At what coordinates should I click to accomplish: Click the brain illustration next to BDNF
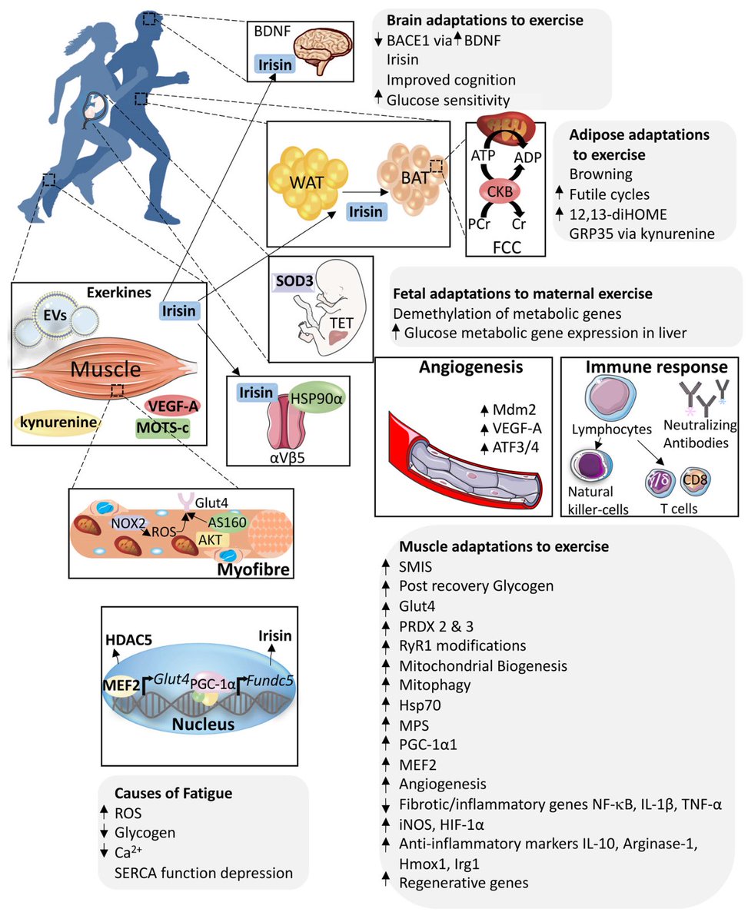pyautogui.click(x=323, y=51)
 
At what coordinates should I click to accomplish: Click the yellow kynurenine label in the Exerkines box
pyautogui.click(x=58, y=422)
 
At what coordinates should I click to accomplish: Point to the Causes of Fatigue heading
pyautogui.click(x=174, y=794)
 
